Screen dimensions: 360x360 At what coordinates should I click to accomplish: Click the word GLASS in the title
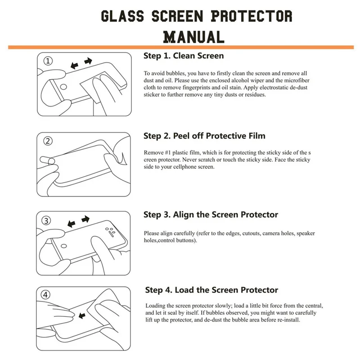click(122, 16)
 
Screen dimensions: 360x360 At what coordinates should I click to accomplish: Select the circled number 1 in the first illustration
click(48, 60)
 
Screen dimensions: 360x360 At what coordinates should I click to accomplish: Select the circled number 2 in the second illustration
click(48, 141)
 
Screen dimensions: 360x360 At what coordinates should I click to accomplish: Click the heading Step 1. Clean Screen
click(184, 56)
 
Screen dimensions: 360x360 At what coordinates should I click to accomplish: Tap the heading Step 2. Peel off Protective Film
click(204, 136)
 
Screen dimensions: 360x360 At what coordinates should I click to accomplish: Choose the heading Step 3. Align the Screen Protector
click(211, 215)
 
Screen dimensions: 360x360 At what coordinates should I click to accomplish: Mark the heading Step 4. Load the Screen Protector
click(211, 290)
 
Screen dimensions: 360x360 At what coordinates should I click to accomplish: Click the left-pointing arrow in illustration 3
click(71, 223)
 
